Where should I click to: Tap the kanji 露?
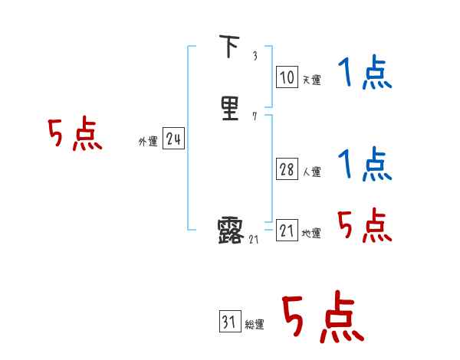click(x=230, y=230)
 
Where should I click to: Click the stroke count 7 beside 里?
click(x=255, y=116)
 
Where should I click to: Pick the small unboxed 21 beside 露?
click(x=255, y=239)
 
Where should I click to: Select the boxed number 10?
click(x=286, y=77)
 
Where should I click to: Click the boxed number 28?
click(x=286, y=169)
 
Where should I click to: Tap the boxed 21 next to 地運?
click(x=287, y=231)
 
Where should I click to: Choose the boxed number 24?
click(x=173, y=139)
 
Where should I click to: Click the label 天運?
click(x=310, y=80)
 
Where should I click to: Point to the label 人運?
click(x=310, y=172)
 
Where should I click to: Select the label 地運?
click(x=310, y=234)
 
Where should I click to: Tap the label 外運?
click(x=148, y=142)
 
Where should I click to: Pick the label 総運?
click(x=255, y=325)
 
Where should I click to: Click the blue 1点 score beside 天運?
click(x=364, y=74)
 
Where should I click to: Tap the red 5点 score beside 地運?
click(x=364, y=225)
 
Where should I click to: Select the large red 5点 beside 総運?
click(x=322, y=318)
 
